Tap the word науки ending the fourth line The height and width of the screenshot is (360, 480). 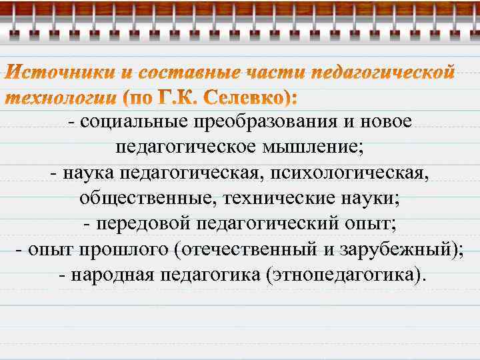(373, 198)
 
